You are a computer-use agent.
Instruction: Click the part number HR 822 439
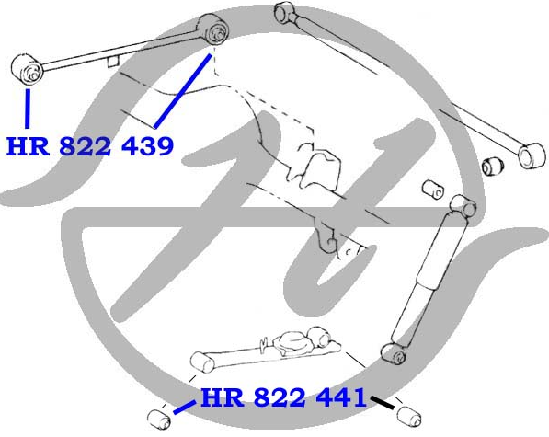point(90,146)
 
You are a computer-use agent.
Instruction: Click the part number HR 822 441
point(283,397)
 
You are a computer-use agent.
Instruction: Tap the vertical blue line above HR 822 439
point(28,109)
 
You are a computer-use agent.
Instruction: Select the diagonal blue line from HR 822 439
point(183,91)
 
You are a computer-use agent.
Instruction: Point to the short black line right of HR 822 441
point(383,403)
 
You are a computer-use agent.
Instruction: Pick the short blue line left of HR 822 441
point(185,408)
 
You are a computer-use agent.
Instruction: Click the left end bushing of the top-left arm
point(27,69)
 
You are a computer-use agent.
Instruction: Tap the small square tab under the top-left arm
point(113,62)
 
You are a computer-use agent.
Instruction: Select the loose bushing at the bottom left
point(160,419)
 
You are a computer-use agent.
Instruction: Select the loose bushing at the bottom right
point(409,416)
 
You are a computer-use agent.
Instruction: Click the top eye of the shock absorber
point(463,205)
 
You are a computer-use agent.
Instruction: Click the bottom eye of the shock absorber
point(394,353)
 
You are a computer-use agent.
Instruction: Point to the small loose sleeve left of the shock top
point(433,190)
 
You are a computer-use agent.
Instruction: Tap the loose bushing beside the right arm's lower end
point(492,167)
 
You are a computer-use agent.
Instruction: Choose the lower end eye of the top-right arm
point(532,155)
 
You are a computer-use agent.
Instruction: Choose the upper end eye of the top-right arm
point(285,12)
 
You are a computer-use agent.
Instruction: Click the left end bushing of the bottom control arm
point(202,362)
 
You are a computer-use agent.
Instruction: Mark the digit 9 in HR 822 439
point(164,146)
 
